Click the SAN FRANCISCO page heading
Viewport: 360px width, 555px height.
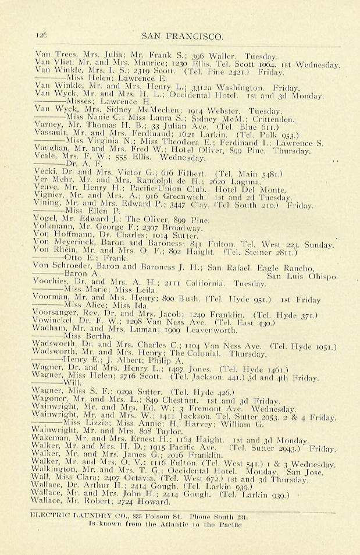point(182,36)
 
